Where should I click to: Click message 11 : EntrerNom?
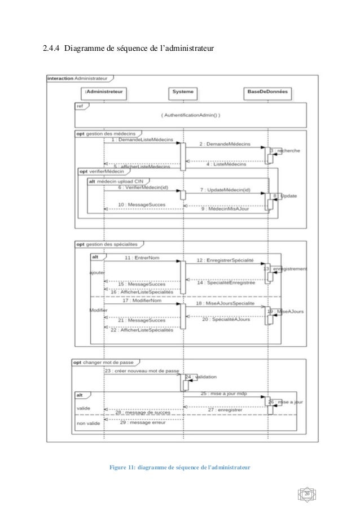(141, 258)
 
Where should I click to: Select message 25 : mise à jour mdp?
(223, 393)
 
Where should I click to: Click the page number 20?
(308, 495)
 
